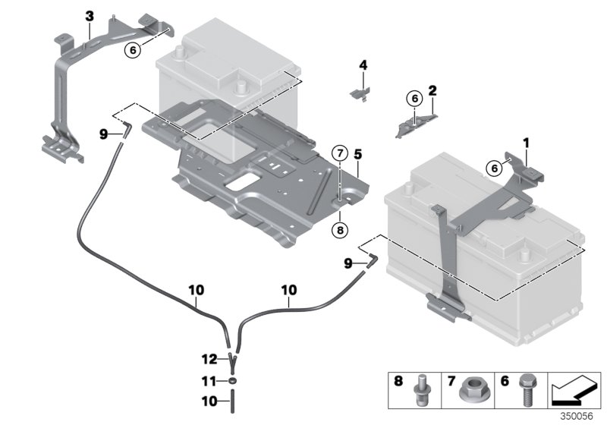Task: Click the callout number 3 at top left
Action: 90,15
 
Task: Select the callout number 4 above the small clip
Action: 363,66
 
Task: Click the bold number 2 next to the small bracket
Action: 432,91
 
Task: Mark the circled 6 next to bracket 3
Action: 133,49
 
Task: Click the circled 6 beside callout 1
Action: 494,169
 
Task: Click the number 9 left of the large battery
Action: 348,263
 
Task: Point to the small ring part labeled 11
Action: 233,380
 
